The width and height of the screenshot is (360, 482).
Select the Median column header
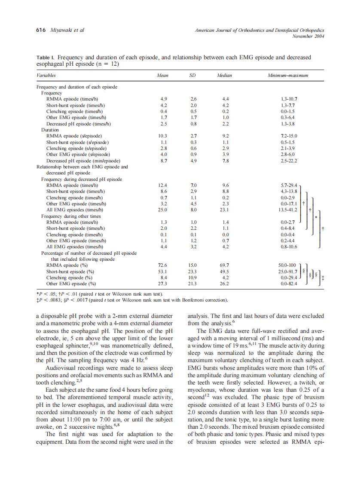[224, 76]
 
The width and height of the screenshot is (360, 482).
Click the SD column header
[193, 76]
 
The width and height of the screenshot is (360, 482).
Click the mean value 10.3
[163, 136]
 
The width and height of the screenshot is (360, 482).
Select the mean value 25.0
[163, 210]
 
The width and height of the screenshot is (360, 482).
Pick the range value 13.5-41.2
[288, 210]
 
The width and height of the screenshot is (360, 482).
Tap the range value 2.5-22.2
[288, 160]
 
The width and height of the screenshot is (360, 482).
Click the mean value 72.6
[163, 265]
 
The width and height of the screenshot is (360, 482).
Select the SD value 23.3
[193, 272]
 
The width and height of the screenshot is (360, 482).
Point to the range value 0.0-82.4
[288, 284]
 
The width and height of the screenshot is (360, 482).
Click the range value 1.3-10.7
[288, 98]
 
